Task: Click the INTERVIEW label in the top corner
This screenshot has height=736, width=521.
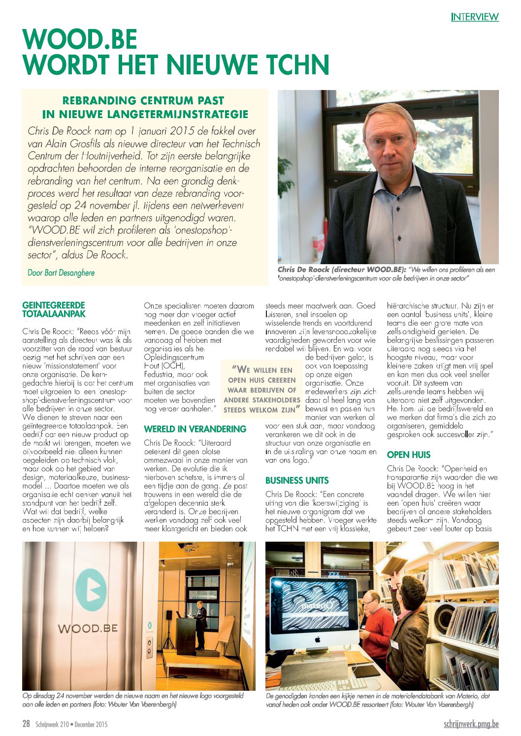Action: click(475, 17)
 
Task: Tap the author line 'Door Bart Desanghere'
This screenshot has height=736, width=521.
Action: click(61, 273)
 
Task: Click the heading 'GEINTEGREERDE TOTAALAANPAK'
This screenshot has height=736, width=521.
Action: click(54, 309)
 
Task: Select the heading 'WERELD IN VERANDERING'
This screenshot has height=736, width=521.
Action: click(195, 429)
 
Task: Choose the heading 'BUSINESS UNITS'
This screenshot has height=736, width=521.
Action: click(297, 480)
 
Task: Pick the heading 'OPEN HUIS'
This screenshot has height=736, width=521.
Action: click(409, 455)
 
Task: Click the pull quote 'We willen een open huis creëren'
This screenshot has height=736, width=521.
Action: click(262, 389)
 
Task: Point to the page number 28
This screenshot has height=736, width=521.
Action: click(26, 724)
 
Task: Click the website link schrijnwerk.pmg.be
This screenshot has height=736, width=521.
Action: click(471, 724)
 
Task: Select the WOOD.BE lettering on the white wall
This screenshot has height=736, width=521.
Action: click(88, 628)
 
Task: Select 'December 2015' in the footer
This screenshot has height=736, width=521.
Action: click(91, 724)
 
